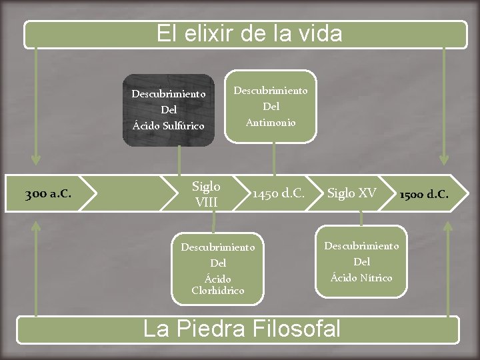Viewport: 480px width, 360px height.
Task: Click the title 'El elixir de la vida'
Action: (x=249, y=33)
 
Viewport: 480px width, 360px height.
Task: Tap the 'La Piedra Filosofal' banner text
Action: (x=242, y=329)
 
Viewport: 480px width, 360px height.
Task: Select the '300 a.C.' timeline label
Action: (x=49, y=194)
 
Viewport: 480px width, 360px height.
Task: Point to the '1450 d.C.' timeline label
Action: (x=278, y=194)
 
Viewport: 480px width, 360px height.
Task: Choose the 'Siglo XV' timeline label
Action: (x=351, y=193)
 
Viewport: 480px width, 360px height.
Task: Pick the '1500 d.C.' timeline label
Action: (x=423, y=194)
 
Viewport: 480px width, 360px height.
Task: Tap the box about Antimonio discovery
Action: (x=271, y=106)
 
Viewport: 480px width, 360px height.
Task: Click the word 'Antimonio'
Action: (x=271, y=122)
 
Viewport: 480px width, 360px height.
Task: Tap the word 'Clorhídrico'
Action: (x=218, y=291)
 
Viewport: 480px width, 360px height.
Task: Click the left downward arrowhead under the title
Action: (x=36, y=160)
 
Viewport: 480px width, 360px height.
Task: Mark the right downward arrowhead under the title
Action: (x=444, y=160)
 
